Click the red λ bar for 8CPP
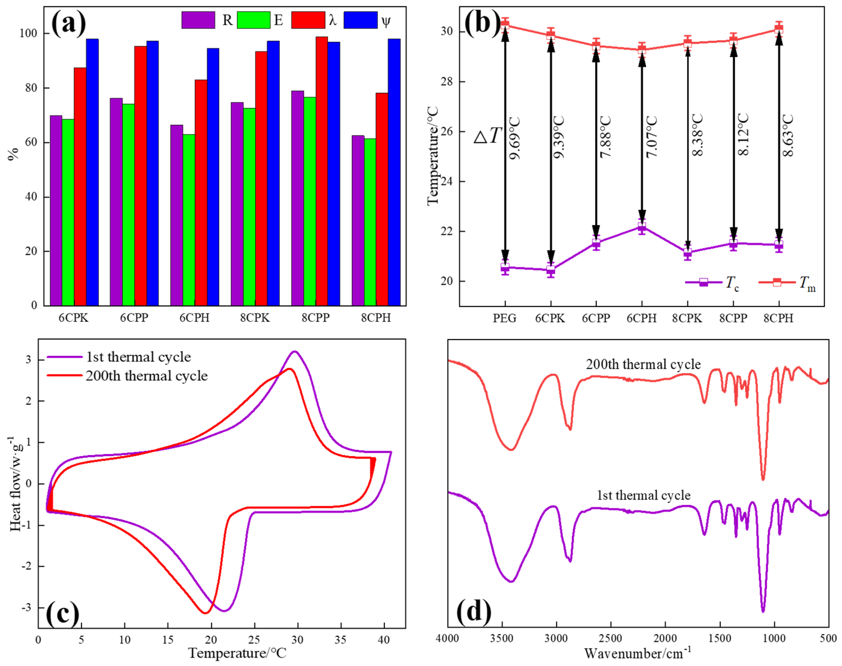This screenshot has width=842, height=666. (322, 172)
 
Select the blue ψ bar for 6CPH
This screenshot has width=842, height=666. (213, 178)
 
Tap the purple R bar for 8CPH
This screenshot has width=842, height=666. (357, 221)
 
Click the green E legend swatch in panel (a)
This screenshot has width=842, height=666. (253, 20)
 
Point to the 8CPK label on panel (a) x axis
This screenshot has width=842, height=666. (255, 318)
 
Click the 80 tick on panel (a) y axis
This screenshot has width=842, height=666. (31, 88)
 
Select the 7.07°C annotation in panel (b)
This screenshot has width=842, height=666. (652, 136)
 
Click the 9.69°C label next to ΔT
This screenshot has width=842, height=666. (515, 139)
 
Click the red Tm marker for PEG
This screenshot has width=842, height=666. (505, 24)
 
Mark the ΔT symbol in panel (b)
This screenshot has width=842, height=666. (487, 136)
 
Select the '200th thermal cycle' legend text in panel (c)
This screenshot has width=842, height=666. (147, 376)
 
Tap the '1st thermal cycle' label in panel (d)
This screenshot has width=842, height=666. (643, 495)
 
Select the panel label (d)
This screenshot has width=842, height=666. (473, 611)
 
